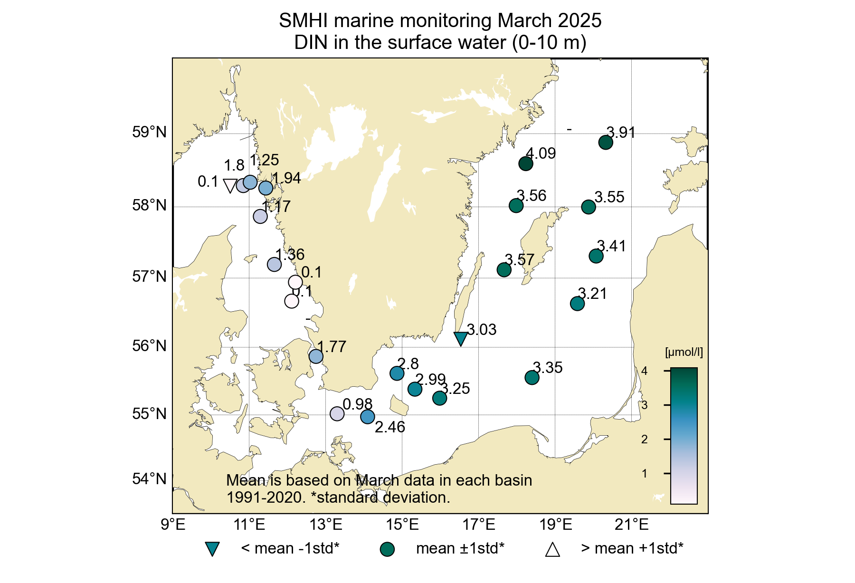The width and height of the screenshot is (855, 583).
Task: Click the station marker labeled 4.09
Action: pos(525,164)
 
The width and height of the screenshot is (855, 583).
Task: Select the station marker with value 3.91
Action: pos(606,142)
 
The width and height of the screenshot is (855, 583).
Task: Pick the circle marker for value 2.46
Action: pos(368,417)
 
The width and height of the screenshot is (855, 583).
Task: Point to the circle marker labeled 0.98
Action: pos(337,413)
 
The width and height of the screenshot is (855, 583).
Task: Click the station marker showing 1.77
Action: pos(316,356)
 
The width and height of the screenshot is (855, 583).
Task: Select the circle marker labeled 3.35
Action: pos(532,377)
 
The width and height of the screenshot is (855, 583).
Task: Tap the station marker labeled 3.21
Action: pos(577,303)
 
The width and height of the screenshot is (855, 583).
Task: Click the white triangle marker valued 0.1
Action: pos(230,185)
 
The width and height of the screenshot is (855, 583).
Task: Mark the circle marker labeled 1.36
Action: pos(275,264)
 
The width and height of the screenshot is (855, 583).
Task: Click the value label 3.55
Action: pos(609,197)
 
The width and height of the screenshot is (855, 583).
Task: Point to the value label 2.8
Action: pos(408,364)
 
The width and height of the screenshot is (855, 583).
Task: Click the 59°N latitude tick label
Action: pos(150,132)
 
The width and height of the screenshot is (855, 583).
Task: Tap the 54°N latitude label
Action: pos(150,479)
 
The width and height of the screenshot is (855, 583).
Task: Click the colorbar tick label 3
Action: pos(645,405)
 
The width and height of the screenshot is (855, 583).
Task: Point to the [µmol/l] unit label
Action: pos(684,353)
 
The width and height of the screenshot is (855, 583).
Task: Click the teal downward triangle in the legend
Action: pos(212,549)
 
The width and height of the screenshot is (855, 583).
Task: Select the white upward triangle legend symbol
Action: pos(552,549)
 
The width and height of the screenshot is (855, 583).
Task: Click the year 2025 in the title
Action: pos(579,21)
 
